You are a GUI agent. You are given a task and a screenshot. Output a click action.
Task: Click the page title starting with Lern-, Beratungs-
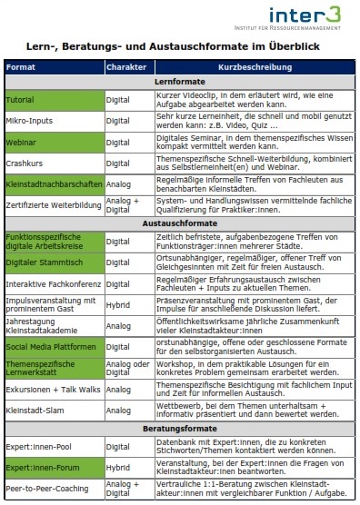[x=180, y=45]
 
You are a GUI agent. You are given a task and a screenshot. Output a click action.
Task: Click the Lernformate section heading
[x=180, y=82]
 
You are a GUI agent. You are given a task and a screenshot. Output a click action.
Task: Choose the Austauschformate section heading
[x=180, y=222]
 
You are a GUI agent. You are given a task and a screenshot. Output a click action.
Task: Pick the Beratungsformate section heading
[x=180, y=426]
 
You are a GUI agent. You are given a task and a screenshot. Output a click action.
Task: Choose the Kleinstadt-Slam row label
[x=32, y=410]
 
